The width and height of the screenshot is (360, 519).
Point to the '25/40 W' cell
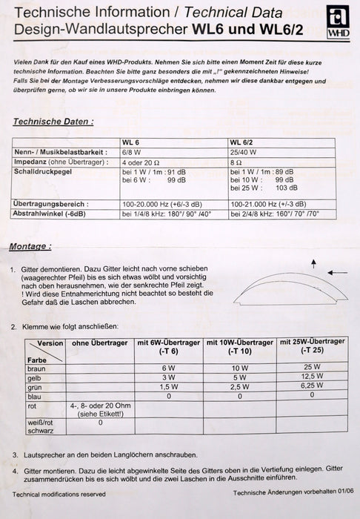point(244,151)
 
